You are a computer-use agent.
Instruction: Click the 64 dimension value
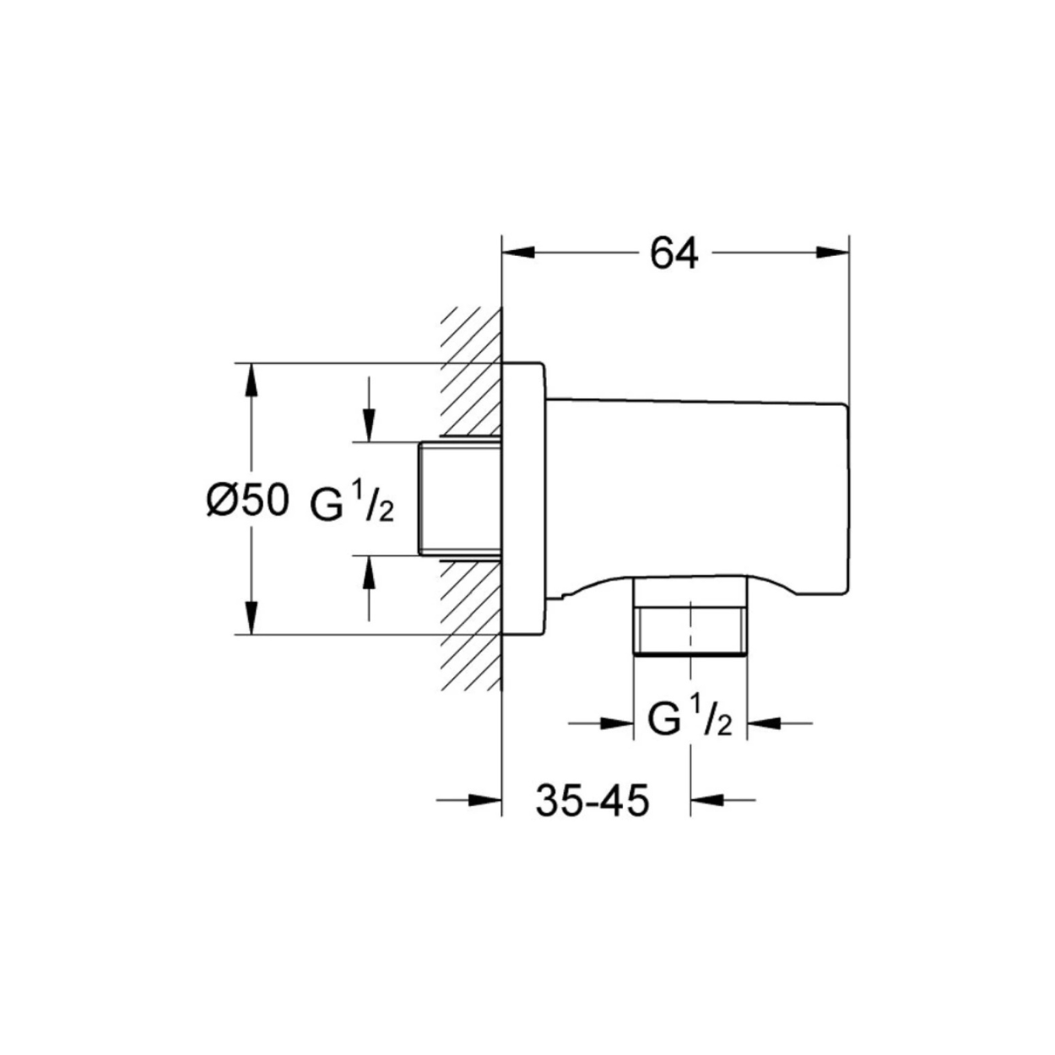pyautogui.click(x=674, y=253)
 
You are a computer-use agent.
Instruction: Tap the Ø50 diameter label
pyautogui.click(x=247, y=500)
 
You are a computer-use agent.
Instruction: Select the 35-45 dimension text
pyautogui.click(x=592, y=800)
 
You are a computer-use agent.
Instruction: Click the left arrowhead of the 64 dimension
pyautogui.click(x=518, y=252)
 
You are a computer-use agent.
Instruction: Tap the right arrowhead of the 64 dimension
pyautogui.click(x=832, y=252)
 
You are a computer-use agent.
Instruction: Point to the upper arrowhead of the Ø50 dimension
pyautogui.click(x=252, y=379)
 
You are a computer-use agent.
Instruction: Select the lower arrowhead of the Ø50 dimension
pyautogui.click(x=252, y=618)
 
